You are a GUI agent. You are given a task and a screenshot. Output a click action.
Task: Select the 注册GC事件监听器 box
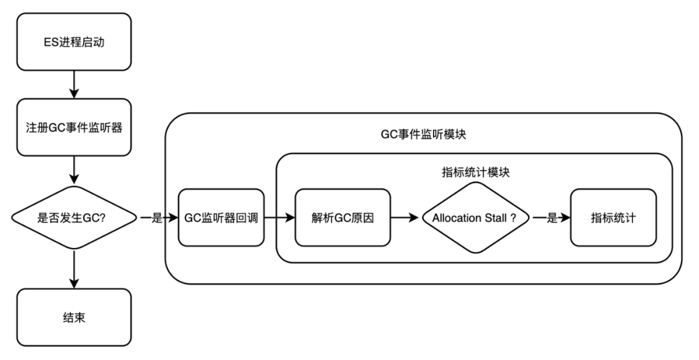(x=74, y=127)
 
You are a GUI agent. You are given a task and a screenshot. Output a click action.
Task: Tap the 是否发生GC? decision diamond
(x=74, y=218)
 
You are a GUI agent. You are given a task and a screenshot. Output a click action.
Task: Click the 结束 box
(x=74, y=317)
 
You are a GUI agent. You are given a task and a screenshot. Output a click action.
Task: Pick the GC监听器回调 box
(x=221, y=218)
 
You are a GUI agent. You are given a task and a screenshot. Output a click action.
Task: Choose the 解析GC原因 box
(x=343, y=218)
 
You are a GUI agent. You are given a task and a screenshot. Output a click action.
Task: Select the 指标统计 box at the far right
(x=612, y=218)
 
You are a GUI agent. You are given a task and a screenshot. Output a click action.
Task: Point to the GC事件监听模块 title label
(x=424, y=135)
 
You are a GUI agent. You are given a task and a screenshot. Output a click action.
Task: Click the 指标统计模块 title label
(x=474, y=172)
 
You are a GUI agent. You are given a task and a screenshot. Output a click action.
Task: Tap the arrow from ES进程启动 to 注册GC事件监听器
(x=74, y=84)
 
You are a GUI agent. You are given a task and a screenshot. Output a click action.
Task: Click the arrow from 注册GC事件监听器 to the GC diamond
(x=74, y=170)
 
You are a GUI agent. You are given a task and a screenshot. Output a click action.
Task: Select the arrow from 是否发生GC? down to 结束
(x=74, y=269)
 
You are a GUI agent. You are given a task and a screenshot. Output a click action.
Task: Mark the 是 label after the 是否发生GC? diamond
(x=156, y=218)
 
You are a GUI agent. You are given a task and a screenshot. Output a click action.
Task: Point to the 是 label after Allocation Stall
(x=552, y=218)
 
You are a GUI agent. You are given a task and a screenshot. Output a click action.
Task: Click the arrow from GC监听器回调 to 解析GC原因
(x=279, y=218)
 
